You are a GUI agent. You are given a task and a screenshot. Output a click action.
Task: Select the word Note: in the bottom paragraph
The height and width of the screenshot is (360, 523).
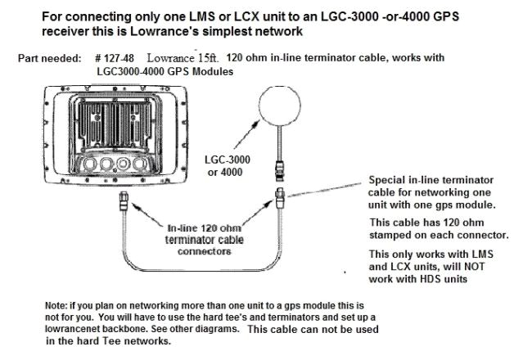58,305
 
